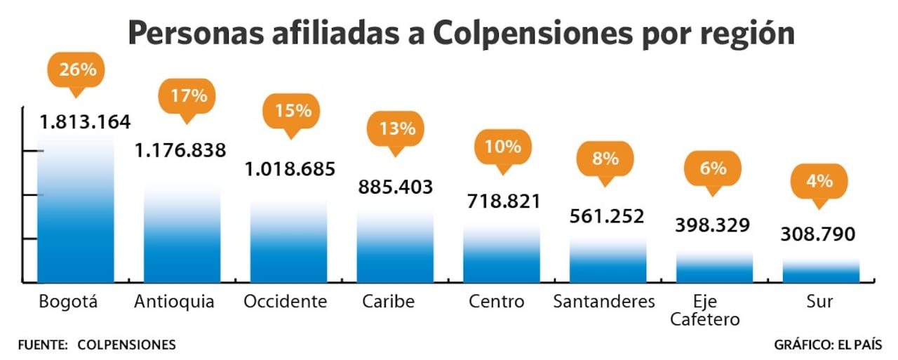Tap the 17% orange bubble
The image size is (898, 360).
tap(186, 95)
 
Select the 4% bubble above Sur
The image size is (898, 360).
tap(819, 181)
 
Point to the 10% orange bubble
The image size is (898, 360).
tap(503, 147)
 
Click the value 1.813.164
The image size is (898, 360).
tap(85, 122)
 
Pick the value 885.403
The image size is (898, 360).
tap(396, 187)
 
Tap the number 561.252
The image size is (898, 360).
tap(607, 217)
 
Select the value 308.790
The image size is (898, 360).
tap(818, 234)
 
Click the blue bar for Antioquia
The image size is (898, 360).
tap(182, 239)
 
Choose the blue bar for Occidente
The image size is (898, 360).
tap(289, 246)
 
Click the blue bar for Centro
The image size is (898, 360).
tap(502, 256)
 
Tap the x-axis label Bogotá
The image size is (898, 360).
tap(68, 302)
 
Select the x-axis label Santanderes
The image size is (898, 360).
tap(603, 302)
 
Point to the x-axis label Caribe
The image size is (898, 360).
tap(388, 302)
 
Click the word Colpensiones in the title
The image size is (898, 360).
tap(534, 34)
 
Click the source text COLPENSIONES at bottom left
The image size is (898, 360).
tap(126, 345)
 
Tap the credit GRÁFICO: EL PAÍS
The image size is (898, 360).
tap(828, 345)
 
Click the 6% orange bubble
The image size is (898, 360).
tap(712, 168)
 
